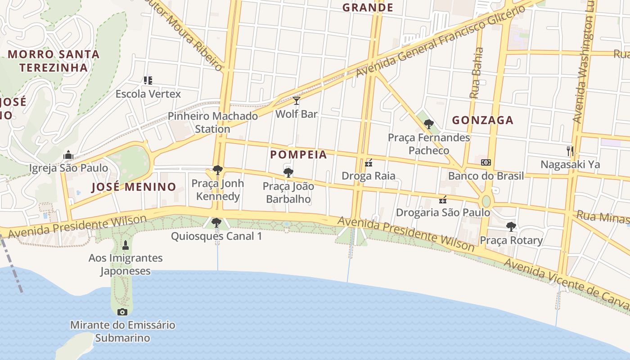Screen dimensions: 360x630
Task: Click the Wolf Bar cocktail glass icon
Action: point(296,100)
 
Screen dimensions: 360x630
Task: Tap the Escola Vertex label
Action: point(148,94)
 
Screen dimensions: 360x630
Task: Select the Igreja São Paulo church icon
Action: point(68,155)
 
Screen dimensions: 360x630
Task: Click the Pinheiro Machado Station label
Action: point(213,122)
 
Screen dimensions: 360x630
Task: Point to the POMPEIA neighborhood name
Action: point(298,155)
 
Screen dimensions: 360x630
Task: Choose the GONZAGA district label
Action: point(482,120)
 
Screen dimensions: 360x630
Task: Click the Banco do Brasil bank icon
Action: point(486,162)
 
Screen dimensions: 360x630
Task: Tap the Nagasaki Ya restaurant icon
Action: point(570,151)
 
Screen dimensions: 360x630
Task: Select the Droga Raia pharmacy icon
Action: point(369,162)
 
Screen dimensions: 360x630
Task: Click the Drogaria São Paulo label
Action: point(443,212)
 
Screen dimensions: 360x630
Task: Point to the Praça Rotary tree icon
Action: point(511,226)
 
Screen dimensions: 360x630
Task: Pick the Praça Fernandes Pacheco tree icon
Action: point(429,124)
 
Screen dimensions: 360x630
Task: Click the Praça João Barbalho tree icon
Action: point(288,172)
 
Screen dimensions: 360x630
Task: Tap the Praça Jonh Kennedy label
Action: point(218,190)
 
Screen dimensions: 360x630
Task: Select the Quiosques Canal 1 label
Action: point(216,236)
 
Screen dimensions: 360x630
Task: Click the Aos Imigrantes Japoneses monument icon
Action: point(126,245)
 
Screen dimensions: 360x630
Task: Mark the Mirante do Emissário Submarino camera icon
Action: point(122,312)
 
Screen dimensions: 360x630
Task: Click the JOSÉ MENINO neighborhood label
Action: point(134,187)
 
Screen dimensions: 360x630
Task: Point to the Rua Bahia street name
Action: point(477,73)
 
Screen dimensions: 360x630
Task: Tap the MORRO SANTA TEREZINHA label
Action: point(54,61)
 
